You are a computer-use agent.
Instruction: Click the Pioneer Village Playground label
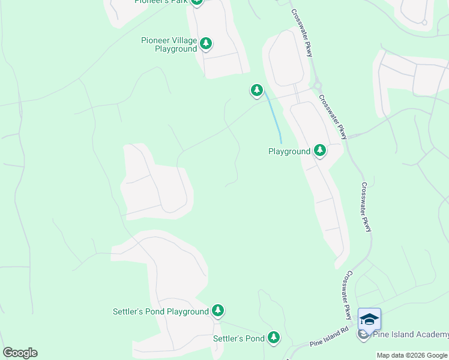coord(169,44)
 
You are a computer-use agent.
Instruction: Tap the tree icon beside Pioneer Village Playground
coord(206,43)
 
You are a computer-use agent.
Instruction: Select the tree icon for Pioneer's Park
coord(197,2)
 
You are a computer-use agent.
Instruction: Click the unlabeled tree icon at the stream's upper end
coord(256,90)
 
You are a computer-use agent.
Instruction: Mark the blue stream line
coord(274,117)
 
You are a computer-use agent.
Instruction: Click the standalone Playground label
coord(289,152)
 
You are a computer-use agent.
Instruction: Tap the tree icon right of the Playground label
coord(320,150)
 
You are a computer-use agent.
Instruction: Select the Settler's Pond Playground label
coord(160,311)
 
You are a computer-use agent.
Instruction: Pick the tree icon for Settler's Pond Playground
coord(218,310)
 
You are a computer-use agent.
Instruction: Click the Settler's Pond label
coord(239,338)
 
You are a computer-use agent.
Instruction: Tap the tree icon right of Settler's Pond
coord(274,337)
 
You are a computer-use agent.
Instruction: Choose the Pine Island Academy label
coord(411,335)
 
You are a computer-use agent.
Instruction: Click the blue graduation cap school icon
coord(369,319)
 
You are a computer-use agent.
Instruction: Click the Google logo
coord(20,353)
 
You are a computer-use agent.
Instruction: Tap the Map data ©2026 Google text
coord(412,355)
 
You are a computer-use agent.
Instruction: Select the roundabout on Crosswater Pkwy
coord(316,86)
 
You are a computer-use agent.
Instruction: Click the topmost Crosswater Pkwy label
coord(302,33)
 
